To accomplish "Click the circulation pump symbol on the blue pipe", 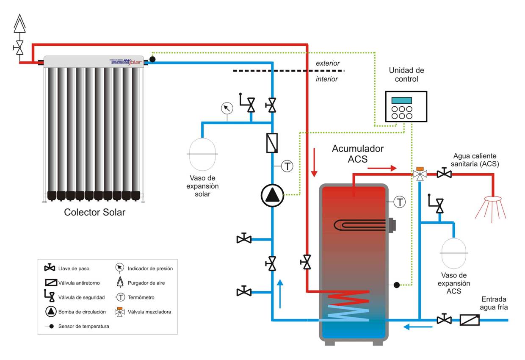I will tap(271, 195).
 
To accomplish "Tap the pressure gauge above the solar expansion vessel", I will tap(227, 108).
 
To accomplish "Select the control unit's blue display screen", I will tap(401, 100).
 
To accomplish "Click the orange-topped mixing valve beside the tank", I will tap(420, 174).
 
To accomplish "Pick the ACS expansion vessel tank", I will tap(453, 253).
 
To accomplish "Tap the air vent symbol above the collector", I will tap(19, 24).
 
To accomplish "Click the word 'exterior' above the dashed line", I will tap(328, 63).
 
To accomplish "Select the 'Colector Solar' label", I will tap(94, 212).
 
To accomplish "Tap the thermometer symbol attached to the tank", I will tap(400, 202).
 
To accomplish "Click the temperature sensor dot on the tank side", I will tap(396, 285).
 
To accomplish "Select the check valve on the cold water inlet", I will tap(470, 320).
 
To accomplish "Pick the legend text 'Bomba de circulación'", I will tap(82, 312).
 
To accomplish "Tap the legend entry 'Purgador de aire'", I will tap(146, 283).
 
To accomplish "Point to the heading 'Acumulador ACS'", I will tap(358, 154).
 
